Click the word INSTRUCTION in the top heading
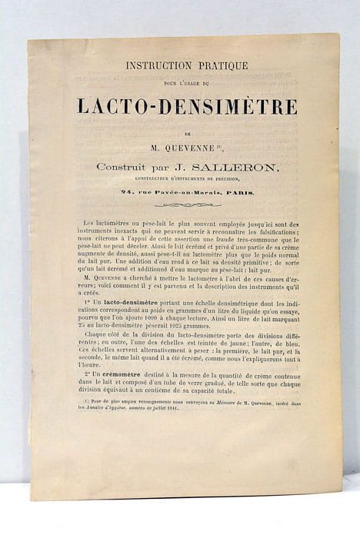coord(158,66)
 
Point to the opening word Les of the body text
coord(89,223)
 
